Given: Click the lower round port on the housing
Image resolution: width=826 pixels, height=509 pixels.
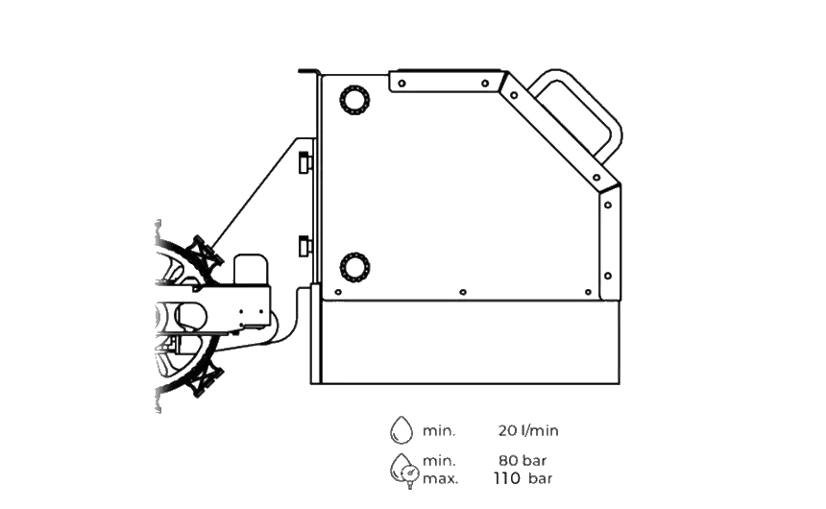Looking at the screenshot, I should (x=354, y=267).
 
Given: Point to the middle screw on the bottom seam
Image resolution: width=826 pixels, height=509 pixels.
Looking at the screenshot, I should (x=461, y=290).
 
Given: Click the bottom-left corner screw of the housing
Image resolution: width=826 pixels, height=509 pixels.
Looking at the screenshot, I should (x=336, y=290).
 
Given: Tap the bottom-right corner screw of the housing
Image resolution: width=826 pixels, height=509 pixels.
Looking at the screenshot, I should (x=591, y=290).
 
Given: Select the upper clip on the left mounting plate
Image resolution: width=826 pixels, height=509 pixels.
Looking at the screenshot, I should (x=304, y=164).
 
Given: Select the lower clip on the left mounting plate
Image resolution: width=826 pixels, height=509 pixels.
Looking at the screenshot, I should (x=304, y=247).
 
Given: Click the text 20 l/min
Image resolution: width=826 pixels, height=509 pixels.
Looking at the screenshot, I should (x=528, y=430).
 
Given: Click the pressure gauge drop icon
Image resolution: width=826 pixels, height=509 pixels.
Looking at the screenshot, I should (x=400, y=471).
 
